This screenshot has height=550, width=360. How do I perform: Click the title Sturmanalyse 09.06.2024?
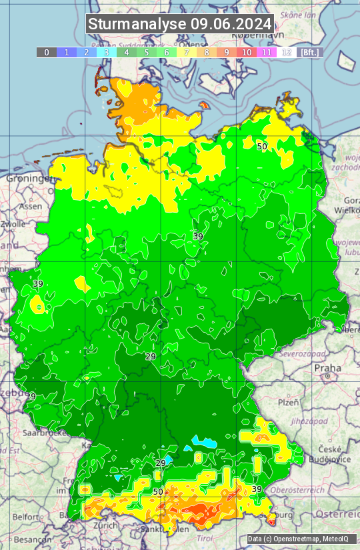[x=180, y=24]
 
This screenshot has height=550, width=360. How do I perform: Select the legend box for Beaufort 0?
[x=46, y=52]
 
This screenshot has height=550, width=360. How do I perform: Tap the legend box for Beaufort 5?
[x=147, y=52]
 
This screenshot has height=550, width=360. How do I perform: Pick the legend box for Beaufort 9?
[x=227, y=52]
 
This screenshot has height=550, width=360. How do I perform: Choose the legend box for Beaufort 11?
[x=267, y=52]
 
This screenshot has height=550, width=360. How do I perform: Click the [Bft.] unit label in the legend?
[x=310, y=52]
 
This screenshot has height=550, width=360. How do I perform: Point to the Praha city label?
[x=327, y=367]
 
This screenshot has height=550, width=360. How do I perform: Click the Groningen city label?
[x=29, y=179]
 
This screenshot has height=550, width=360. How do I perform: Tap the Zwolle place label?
[x=13, y=224]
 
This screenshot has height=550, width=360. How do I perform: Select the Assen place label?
[x=30, y=207]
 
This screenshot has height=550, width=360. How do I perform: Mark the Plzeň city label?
[x=288, y=403]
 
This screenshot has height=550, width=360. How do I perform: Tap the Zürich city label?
[x=105, y=525]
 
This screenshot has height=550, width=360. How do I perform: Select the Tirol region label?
[x=204, y=538]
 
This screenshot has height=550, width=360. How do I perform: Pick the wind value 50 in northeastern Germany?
[x=262, y=146]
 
